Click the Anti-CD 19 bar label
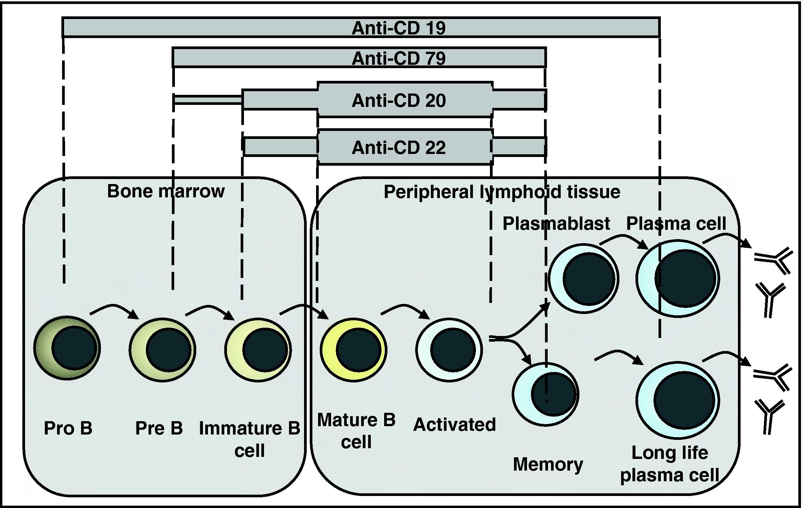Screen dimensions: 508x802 click(398, 28)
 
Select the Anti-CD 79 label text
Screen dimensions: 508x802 click(398, 58)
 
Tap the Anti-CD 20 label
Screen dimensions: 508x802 click(398, 101)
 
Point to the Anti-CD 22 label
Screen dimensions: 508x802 click(398, 148)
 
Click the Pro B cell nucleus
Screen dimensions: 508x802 click(74, 348)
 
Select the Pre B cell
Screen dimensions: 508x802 click(163, 349)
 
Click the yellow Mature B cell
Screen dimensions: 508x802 click(353, 350)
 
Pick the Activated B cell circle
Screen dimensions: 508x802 click(449, 350)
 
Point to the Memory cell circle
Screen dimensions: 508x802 click(546, 394)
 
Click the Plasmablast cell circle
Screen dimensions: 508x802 click(583, 278)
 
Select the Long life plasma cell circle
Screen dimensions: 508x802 click(678, 400)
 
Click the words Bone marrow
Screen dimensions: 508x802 click(166, 191)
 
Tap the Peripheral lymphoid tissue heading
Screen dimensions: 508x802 click(502, 192)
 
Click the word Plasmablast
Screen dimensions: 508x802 click(556, 223)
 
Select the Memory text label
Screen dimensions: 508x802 click(548, 464)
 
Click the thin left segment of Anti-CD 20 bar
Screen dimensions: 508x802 click(208, 100)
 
